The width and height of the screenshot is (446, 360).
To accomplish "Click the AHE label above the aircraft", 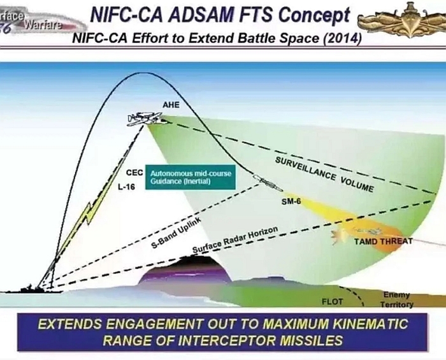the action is (171, 105).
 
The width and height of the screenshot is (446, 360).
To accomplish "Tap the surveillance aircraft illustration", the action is (146, 119).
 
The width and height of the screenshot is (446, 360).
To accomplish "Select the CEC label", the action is (134, 173).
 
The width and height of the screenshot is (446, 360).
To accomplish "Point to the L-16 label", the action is (127, 187).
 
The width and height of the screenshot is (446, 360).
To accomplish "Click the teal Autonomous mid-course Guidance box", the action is (191, 177).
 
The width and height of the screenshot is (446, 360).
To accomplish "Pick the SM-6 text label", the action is (291, 201).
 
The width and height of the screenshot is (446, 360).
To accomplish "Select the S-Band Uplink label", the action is (176, 233).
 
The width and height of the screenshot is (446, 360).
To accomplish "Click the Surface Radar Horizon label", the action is (235, 240).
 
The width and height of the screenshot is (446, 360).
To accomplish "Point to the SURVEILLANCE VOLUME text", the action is (324, 175).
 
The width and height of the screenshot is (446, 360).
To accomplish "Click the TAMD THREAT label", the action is (383, 241).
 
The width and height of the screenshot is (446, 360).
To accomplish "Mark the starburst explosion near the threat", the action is (338, 236).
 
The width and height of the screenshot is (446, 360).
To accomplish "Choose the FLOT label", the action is (332, 301).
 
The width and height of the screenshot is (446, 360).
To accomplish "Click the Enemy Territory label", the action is (396, 299).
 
